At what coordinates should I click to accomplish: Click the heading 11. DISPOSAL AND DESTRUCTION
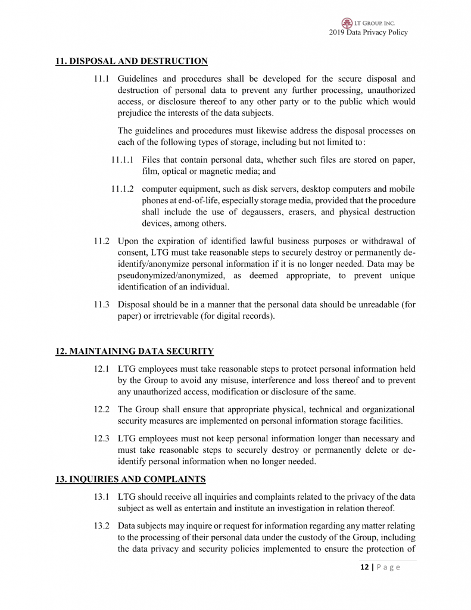[132, 61]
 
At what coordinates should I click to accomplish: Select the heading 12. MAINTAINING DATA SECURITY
[135, 351]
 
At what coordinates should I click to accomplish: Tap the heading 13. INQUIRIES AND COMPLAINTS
[130, 479]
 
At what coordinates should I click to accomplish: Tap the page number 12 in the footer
[364, 567]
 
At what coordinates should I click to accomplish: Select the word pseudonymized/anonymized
[173, 275]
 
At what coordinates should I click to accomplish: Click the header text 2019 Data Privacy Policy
[368, 33]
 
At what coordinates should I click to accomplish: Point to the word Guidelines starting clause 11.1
[138, 79]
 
